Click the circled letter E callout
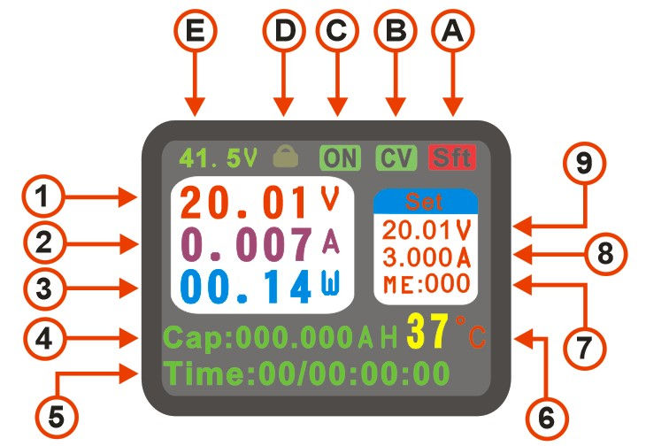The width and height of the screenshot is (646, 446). tap(196, 31)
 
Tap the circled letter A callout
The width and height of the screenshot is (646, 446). tap(453, 31)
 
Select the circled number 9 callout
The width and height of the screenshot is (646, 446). tap(584, 163)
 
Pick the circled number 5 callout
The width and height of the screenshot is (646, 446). tap(57, 416)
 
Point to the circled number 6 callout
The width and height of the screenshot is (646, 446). tap(547, 419)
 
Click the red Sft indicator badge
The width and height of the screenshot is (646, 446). tap(452, 158)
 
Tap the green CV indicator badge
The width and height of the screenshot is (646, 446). tap(396, 158)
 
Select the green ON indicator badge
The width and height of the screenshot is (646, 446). tap(340, 158)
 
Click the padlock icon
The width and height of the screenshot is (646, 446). tap(286, 156)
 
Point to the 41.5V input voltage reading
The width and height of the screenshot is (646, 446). tap(218, 158)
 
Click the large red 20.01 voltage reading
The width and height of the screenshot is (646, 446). tap(244, 203)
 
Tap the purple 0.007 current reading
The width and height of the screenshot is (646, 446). tap(246, 244)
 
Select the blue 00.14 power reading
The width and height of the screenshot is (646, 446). tap(245, 287)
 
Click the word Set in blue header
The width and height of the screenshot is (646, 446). tap(424, 202)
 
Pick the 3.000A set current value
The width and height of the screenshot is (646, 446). tap(427, 258)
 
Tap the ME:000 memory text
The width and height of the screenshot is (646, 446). tap(427, 285)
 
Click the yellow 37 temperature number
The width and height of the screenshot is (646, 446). tap(427, 331)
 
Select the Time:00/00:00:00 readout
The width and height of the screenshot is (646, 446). tap(306, 374)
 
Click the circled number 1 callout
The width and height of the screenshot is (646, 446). tap(42, 196)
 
